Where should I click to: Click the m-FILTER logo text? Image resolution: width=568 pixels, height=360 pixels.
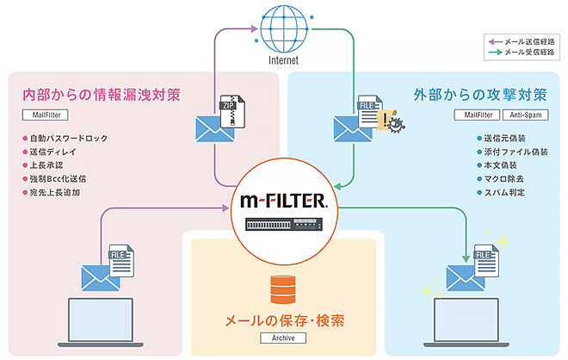click(283, 203)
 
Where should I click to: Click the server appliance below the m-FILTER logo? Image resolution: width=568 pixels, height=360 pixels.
click(283, 226)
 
